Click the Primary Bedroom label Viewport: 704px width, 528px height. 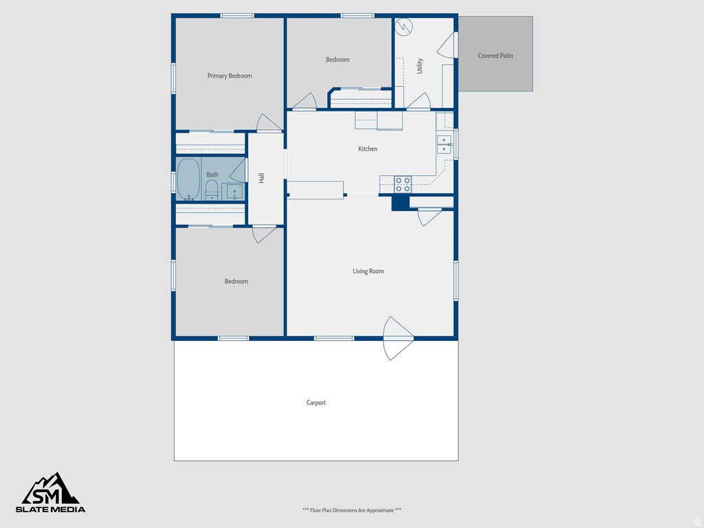pos(230,76)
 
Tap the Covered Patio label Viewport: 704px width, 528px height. pos(496,56)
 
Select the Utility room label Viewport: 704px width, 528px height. pos(419,66)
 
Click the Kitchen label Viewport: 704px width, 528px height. pos(368,148)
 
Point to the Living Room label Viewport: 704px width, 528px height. pos(368,271)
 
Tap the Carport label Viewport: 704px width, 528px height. pos(316,402)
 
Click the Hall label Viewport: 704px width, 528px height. pos(261,178)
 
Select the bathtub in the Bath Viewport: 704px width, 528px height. pos(188,179)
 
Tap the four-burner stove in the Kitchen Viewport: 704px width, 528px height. pos(403,184)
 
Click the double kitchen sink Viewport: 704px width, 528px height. pos(444,144)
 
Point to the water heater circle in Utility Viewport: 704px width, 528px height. pos(405,27)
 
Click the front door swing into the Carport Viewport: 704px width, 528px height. pos(397,338)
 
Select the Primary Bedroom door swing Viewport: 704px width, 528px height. pos(269,123)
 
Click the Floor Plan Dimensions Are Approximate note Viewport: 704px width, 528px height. pos(351,510)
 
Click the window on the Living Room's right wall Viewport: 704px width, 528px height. pos(455,280)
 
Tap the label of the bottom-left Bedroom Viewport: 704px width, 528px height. pos(236,281)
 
